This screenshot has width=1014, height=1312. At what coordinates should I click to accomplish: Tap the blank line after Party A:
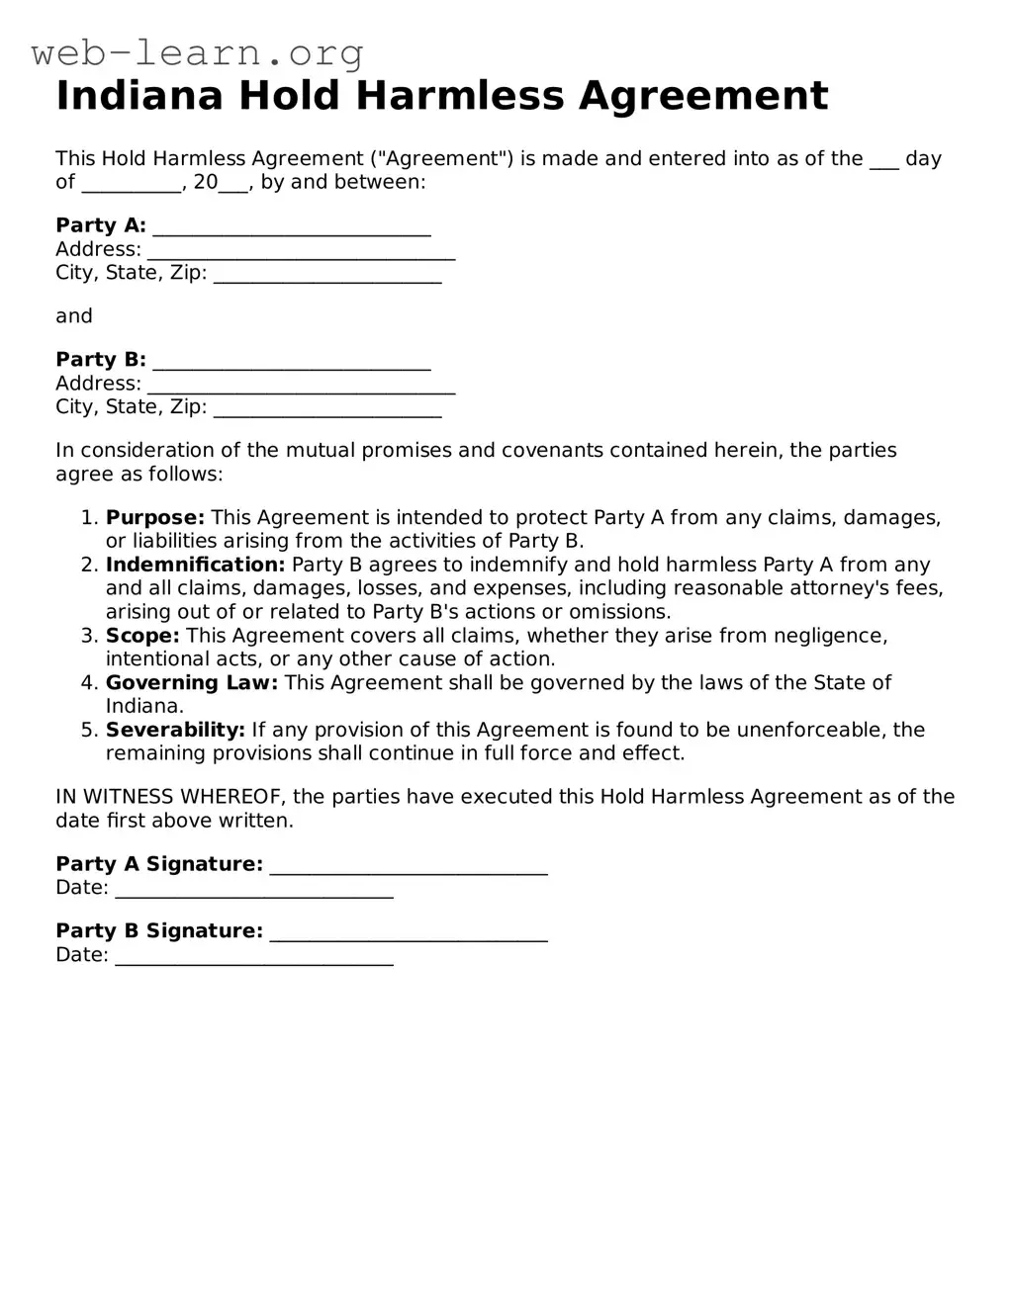coord(292,226)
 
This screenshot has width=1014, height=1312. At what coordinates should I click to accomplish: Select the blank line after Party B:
coord(292,361)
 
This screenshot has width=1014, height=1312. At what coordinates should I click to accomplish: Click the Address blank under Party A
coord(301,250)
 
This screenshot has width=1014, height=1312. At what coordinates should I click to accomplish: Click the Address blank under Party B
coord(301,385)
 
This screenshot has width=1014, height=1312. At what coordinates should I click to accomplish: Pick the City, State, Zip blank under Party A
coord(327,274)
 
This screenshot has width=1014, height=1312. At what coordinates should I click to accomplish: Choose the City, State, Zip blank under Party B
coord(327,408)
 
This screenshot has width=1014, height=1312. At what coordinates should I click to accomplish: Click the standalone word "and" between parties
coord(74,316)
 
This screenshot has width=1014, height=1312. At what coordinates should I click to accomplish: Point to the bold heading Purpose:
coord(155,518)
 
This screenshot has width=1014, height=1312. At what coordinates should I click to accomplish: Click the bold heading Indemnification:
coord(195,566)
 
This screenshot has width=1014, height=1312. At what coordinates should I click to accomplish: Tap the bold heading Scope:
coord(142,636)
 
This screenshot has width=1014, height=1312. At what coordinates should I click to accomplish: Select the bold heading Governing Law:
coord(192,683)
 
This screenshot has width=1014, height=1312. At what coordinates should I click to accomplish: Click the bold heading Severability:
coord(175,731)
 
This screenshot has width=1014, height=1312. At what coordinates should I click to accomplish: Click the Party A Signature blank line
coord(409,866)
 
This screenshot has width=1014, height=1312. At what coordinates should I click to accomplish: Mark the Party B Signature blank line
coord(409,933)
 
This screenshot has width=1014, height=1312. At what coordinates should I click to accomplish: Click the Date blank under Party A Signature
coord(254,889)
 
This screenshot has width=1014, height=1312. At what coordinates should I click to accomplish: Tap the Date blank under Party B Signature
coord(254,956)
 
